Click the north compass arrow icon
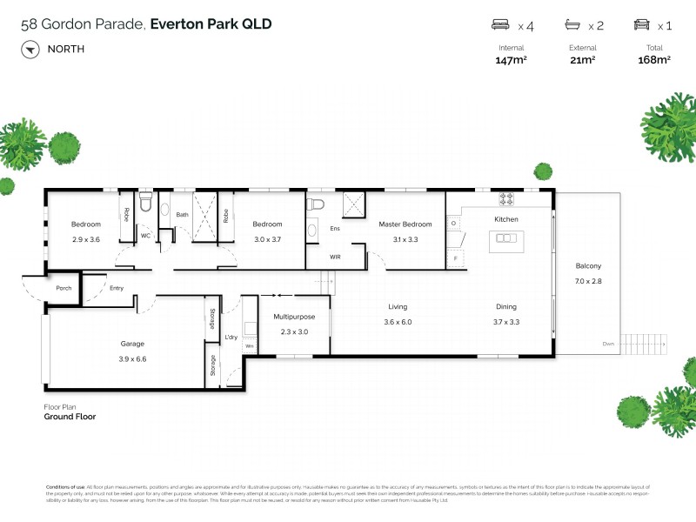[x=30, y=49]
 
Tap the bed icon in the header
[x=500, y=25]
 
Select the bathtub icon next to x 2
[x=572, y=25]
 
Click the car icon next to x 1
[x=642, y=25]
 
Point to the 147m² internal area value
[x=512, y=60]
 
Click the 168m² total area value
[x=654, y=60]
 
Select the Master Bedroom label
[x=405, y=224]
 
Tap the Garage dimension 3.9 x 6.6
[x=132, y=358]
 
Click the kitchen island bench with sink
[x=505, y=239]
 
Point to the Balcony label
[x=588, y=266]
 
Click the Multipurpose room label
[x=294, y=318]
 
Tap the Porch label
[x=64, y=288]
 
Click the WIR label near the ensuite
[x=335, y=257]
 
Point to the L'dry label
[x=231, y=337]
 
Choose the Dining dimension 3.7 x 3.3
[x=506, y=321]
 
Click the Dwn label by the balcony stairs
[x=607, y=345]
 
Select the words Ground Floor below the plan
[x=70, y=417]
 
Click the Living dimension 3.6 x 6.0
[x=398, y=321]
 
